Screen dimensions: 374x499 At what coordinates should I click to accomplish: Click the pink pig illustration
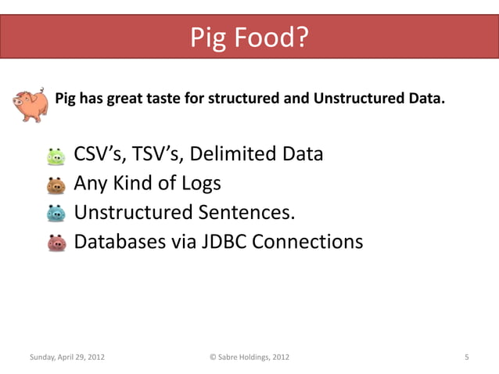click(x=31, y=105)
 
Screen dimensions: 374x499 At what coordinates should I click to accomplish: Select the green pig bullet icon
click(x=56, y=156)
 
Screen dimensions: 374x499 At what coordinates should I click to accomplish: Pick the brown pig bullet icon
click(x=56, y=185)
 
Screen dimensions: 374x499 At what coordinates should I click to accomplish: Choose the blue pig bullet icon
click(x=56, y=214)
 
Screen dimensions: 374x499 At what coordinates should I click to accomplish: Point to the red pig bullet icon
click(x=56, y=243)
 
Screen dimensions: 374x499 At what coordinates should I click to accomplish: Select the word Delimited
click(x=236, y=153)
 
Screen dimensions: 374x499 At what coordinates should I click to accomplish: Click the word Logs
click(x=198, y=183)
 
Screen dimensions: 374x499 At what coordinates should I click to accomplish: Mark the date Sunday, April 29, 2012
click(x=66, y=358)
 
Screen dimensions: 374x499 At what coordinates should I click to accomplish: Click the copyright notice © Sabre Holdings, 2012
click(x=249, y=358)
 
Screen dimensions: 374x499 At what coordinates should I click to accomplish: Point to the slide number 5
click(x=466, y=358)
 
